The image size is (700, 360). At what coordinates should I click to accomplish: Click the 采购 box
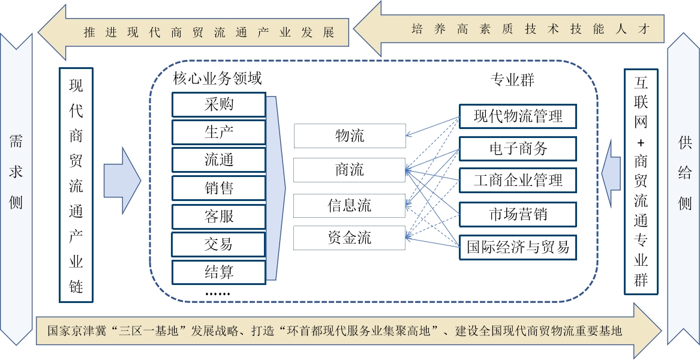219,104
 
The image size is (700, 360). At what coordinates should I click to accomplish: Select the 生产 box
219,133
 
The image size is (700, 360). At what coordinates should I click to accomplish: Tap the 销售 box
219,188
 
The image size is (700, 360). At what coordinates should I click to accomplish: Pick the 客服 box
219,217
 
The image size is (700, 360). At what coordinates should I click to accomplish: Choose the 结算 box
219,272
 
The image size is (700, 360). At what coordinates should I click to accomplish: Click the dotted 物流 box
350,136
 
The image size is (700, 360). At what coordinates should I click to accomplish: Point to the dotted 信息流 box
350,206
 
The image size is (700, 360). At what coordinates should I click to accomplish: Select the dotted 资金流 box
350,238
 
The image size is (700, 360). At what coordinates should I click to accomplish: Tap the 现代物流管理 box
518,116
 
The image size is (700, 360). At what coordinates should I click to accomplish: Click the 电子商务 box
518,148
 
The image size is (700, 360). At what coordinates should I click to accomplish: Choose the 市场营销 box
518,214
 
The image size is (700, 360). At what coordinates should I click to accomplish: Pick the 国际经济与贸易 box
518,247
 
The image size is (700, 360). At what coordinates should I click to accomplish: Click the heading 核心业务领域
217,79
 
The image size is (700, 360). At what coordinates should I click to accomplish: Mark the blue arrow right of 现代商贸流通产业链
122,180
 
